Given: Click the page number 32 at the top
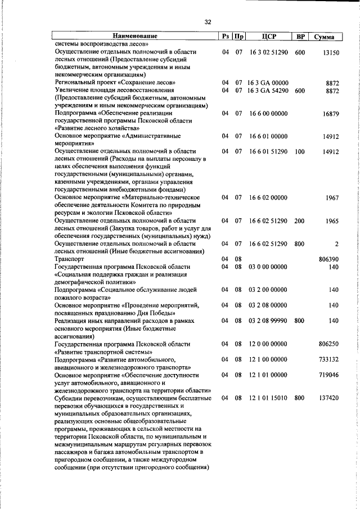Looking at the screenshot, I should pyautogui.click(x=208, y=22).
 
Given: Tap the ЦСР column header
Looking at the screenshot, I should pyautogui.click(x=269, y=37).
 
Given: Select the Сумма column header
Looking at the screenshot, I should pyautogui.click(x=325, y=37).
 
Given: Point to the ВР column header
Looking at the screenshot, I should pyautogui.click(x=301, y=37).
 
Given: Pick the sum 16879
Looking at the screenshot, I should pyautogui.click(x=329, y=114).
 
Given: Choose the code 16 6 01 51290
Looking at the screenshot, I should pyautogui.click(x=268, y=152).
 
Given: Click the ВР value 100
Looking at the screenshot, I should pyautogui.click(x=299, y=152).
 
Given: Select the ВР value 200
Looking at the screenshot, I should pyautogui.click(x=299, y=221).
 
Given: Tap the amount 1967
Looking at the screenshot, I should pyautogui.click(x=331, y=198).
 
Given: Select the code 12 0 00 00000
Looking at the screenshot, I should pyautogui.click(x=268, y=344).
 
